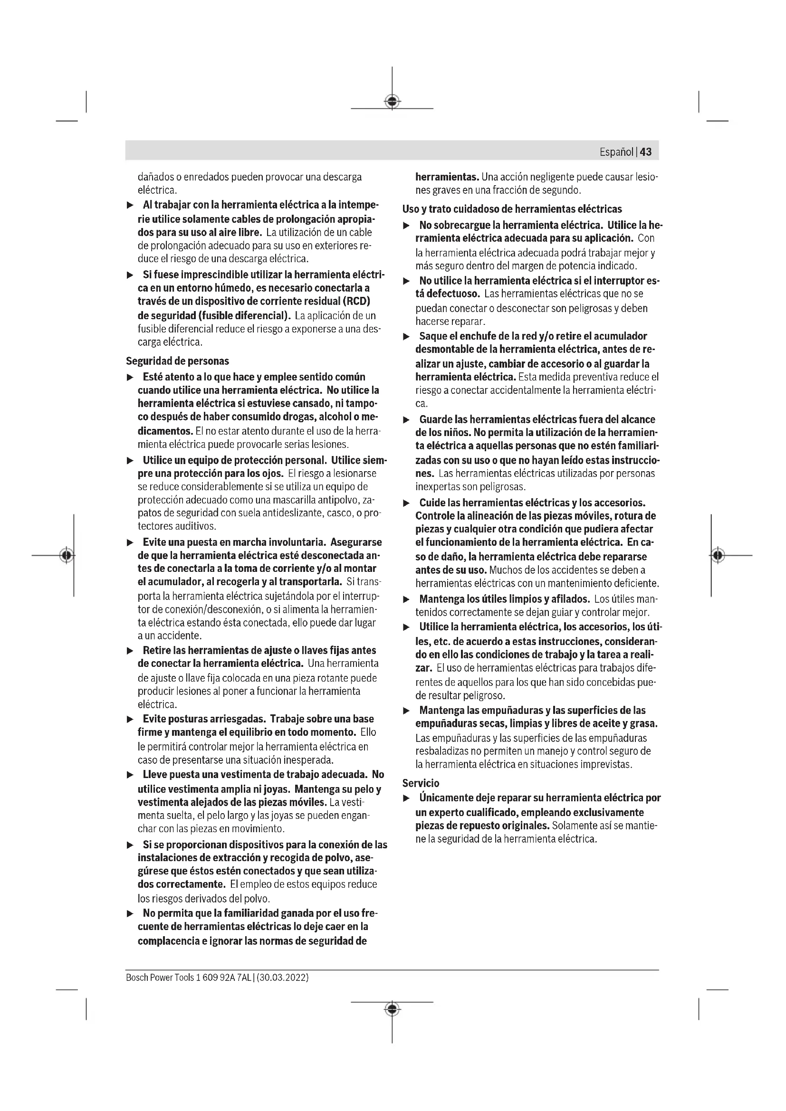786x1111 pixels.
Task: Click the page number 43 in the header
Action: tap(646, 152)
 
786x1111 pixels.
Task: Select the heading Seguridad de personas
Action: tap(177, 361)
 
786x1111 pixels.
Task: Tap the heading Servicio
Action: tap(421, 783)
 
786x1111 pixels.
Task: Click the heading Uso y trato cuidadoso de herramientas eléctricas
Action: tap(512, 209)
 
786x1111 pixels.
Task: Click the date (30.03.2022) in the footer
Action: tap(283, 978)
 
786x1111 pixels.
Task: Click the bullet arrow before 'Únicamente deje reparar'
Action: tap(407, 798)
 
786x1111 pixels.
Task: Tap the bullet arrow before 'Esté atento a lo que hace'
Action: tap(129, 378)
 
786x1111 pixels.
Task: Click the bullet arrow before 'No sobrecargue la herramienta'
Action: tap(407, 226)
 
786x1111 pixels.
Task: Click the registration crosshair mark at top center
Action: tap(392, 101)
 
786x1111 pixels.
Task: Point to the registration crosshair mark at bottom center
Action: tap(392, 1009)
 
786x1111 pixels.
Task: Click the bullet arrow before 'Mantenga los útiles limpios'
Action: tap(407, 599)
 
